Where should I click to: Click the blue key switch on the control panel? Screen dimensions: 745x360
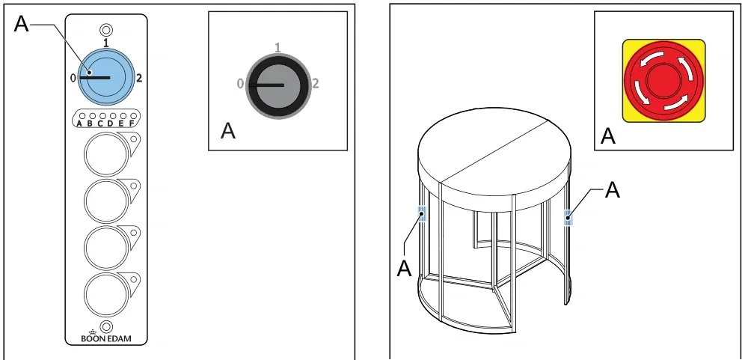point(105,76)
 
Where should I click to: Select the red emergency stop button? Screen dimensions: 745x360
point(663,80)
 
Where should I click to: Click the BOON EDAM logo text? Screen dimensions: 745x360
point(106,338)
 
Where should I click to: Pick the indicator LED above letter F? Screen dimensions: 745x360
point(133,115)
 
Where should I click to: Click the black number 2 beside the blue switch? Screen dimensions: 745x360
point(138,79)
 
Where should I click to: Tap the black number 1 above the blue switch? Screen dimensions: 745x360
point(106,43)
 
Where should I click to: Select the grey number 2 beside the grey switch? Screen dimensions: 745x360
point(316,84)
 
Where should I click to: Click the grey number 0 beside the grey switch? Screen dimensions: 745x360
point(240,84)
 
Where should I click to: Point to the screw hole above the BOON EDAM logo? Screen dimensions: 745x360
point(107,326)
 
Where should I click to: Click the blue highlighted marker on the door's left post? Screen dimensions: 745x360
point(422,214)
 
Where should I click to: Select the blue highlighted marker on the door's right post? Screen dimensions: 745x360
point(568,218)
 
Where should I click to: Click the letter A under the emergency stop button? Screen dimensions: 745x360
point(608,136)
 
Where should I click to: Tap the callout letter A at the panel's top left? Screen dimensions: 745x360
point(22,23)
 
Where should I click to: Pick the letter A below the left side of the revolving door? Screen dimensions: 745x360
point(404,268)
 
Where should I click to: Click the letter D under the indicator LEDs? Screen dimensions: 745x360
point(110,124)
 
